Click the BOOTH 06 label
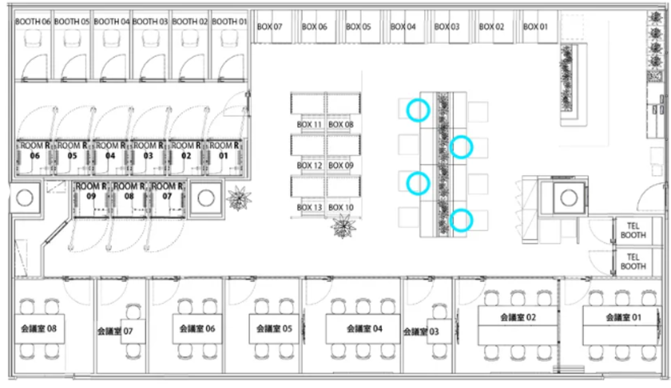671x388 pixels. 33,22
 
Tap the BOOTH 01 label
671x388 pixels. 230,22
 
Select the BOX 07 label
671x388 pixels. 270,27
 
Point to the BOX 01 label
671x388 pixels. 535,27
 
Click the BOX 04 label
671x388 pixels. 403,27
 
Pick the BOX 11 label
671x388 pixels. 309,125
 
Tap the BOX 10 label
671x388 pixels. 341,208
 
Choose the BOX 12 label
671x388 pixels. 309,165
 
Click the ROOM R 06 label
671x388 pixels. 35,150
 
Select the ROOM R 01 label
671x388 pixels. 224,150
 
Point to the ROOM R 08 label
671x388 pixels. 129,191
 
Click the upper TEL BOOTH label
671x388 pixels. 633,230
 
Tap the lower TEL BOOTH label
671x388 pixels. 633,261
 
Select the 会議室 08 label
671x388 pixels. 39,328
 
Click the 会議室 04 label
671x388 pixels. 364,328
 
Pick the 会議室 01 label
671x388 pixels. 623,317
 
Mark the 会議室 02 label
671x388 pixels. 518,317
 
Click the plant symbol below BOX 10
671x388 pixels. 343,226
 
